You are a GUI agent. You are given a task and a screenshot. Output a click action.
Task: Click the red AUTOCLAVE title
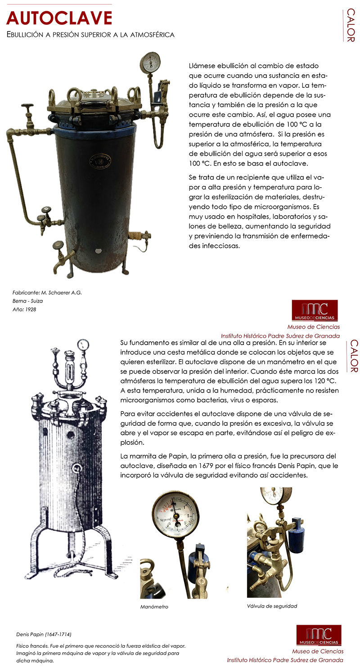59,18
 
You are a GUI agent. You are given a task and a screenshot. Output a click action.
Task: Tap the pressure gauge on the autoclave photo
150,62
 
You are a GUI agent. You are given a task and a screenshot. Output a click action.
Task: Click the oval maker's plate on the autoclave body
97,160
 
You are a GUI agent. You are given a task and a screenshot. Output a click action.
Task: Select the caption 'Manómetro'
154,607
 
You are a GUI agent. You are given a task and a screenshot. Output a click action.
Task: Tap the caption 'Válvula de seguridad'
272,606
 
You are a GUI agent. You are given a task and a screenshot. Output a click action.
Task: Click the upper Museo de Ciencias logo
315,310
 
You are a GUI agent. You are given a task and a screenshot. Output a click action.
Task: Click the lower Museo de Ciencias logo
319,635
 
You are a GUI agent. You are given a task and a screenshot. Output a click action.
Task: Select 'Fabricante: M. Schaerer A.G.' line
47,293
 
